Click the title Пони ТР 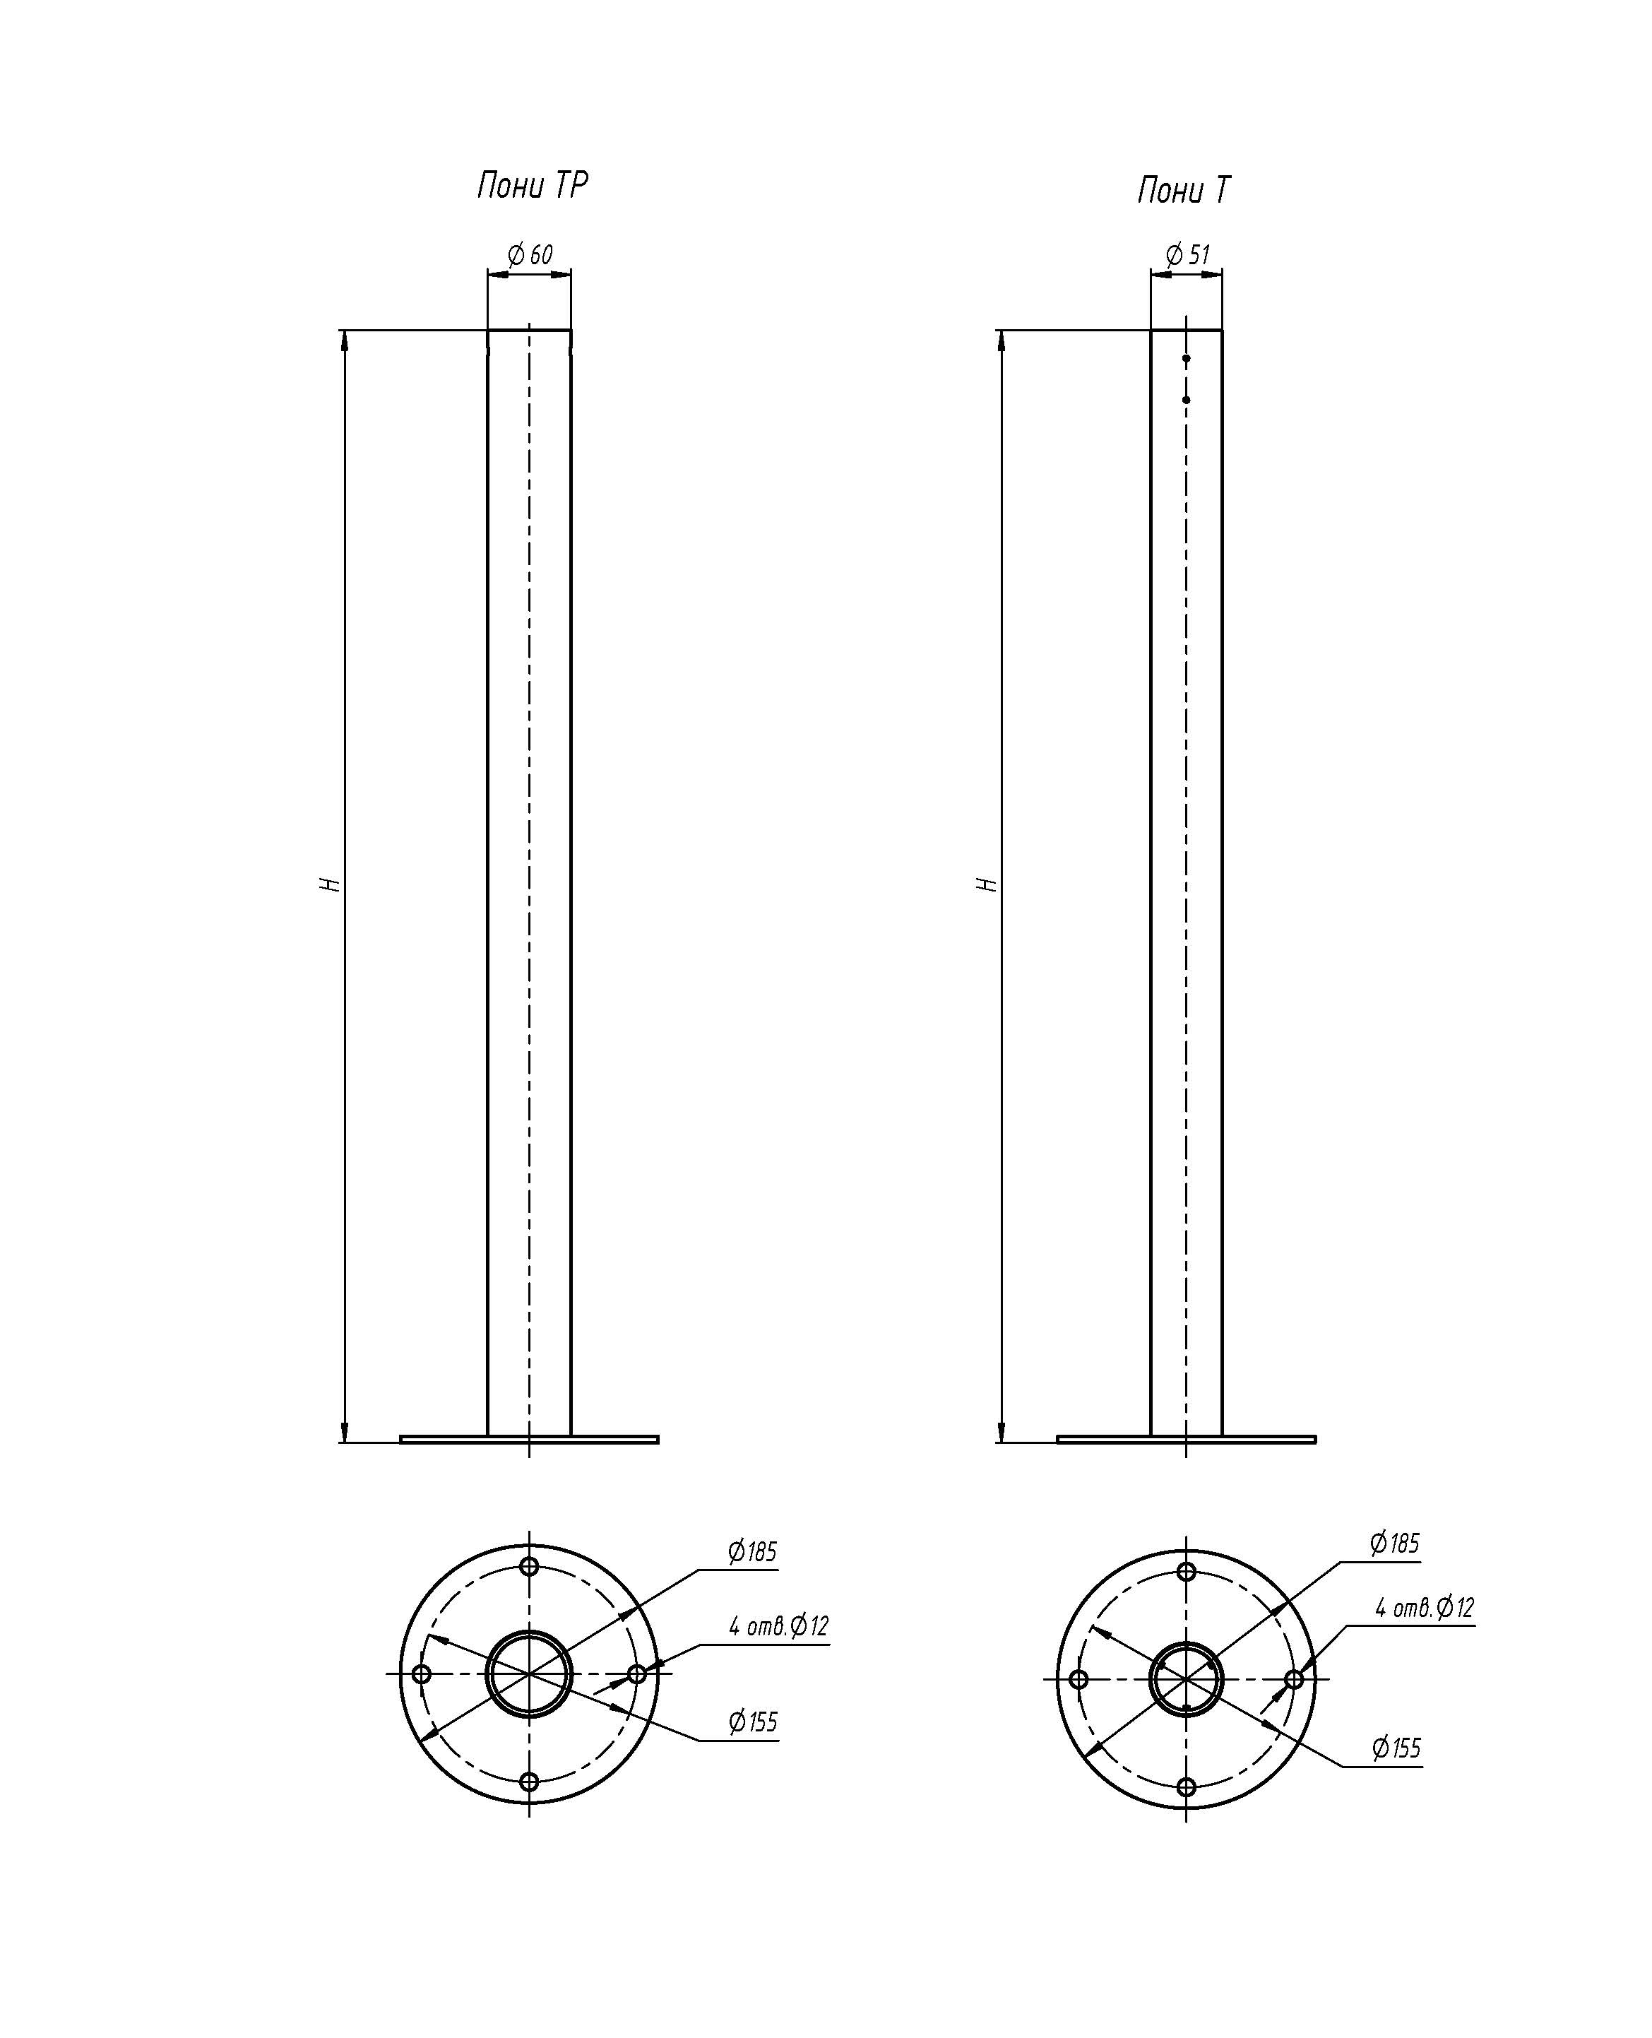coord(532,184)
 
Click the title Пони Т coord(1183,191)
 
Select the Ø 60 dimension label coord(530,254)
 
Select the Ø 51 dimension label coord(1187,254)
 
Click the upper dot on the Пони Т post coord(1187,359)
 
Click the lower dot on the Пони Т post coord(1187,400)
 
